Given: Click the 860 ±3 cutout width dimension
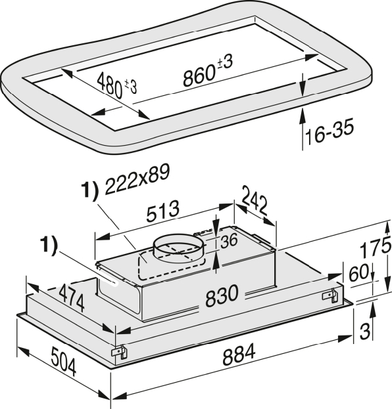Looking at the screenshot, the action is (x=208, y=70).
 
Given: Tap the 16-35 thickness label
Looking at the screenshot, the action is (x=330, y=132).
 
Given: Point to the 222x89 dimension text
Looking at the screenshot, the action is (x=137, y=179).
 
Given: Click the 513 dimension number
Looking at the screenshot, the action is (x=163, y=211).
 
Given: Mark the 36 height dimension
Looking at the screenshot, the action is (x=229, y=241).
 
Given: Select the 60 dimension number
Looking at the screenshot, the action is (x=359, y=272).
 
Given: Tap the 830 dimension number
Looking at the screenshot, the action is (x=222, y=296).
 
